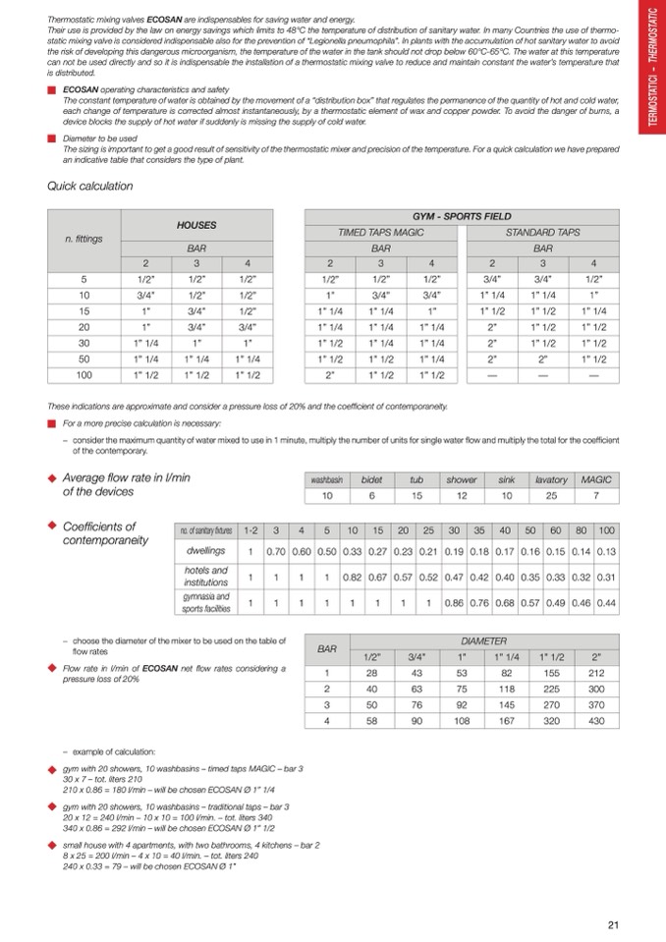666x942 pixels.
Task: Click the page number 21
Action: pos(613,923)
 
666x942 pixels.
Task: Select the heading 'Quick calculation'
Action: pos(90,186)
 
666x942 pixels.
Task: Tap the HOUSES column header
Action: pos(196,225)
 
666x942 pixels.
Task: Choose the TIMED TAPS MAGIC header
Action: pos(381,233)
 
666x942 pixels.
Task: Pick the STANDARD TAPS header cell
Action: pos(542,233)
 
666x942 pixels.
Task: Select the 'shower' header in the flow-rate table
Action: pos(462,479)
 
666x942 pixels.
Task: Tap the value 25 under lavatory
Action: pos(552,495)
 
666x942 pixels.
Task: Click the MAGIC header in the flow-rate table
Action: pos(596,479)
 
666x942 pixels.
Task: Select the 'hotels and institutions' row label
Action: pos(206,577)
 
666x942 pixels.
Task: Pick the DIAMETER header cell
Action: pos(483,639)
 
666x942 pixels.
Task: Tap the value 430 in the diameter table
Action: pos(593,721)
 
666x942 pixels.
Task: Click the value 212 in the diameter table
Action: pos(593,672)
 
